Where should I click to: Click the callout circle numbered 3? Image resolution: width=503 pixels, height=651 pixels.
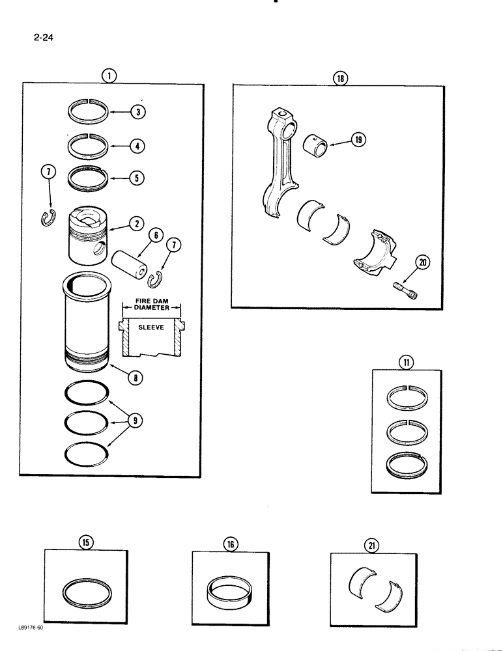137,112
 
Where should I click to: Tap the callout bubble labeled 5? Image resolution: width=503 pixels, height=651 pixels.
137,178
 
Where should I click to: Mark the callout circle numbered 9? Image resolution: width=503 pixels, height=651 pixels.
136,421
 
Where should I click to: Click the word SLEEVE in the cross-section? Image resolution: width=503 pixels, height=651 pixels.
151,329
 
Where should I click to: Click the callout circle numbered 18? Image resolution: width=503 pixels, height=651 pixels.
341,79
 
